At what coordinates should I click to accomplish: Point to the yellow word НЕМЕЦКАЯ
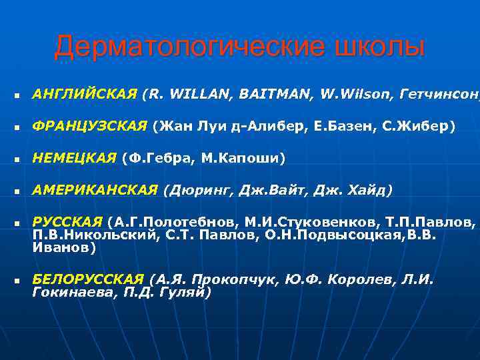tap(75, 158)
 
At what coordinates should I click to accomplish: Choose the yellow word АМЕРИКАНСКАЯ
tap(95, 191)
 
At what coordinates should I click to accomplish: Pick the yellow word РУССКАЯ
tap(67, 221)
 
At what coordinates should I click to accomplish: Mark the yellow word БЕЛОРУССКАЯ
tap(87, 279)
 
